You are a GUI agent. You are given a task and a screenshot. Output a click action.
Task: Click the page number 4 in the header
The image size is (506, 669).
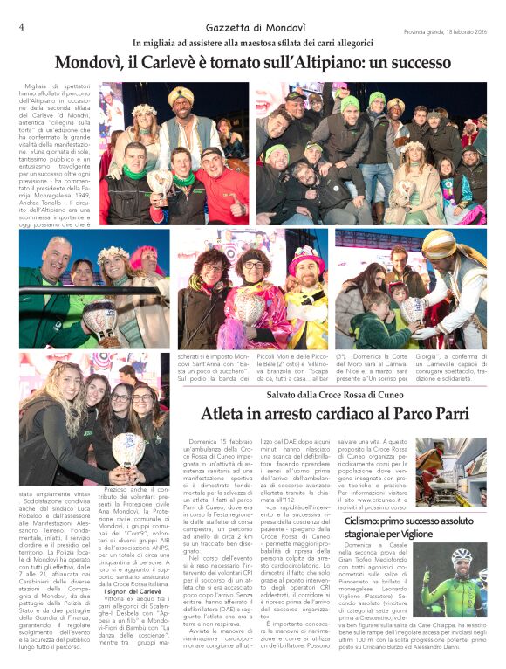click(x=21, y=27)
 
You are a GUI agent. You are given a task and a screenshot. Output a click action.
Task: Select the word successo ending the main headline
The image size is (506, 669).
click(x=419, y=63)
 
